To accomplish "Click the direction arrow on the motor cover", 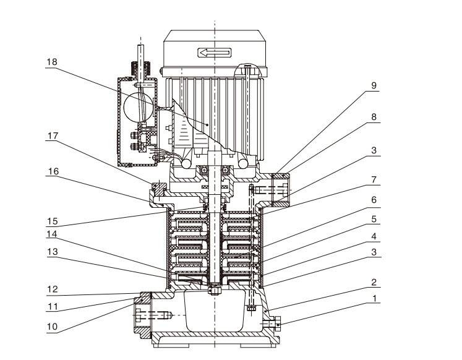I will [x=213, y=53].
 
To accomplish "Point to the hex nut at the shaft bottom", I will [x=214, y=289].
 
